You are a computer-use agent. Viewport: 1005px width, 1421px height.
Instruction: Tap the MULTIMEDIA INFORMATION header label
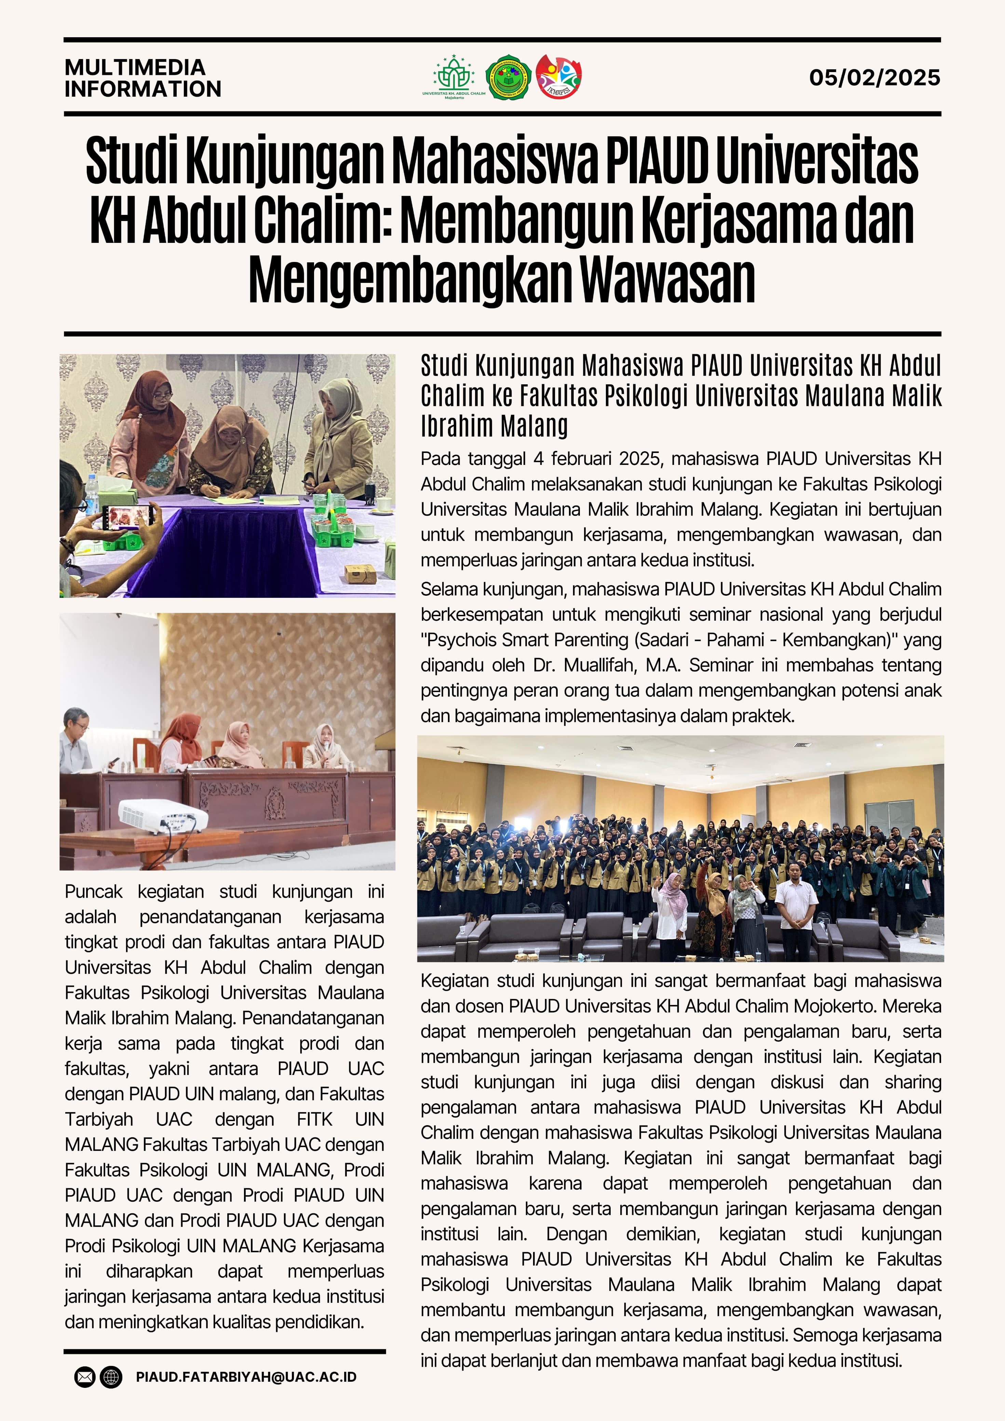[142, 78]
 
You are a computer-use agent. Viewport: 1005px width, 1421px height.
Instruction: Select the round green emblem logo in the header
[508, 77]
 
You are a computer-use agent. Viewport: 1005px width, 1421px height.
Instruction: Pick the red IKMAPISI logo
[558, 77]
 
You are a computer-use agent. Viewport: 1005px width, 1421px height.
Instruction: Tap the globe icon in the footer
[111, 1377]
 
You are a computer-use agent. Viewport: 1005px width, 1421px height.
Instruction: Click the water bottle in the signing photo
[92, 494]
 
